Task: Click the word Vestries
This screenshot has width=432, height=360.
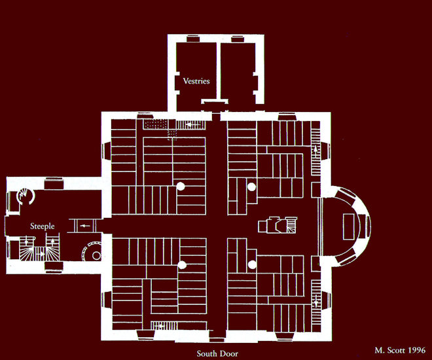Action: (x=196, y=81)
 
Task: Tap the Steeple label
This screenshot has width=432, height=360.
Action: (x=42, y=226)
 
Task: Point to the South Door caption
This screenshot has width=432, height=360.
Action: (x=217, y=353)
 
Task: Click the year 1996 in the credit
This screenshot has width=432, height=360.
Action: (x=416, y=350)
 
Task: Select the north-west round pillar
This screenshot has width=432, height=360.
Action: (x=181, y=187)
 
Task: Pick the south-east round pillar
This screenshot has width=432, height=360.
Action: (x=252, y=264)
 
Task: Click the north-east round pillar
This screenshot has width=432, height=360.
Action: (x=251, y=187)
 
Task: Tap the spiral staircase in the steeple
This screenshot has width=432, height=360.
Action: (x=26, y=196)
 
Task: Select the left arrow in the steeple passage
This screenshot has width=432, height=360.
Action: (x=85, y=226)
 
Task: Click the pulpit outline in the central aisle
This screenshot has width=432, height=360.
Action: (x=278, y=225)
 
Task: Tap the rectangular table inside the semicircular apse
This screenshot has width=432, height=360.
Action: (x=349, y=226)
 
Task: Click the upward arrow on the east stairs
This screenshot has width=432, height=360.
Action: (x=315, y=151)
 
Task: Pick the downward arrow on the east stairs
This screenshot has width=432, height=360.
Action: (x=315, y=301)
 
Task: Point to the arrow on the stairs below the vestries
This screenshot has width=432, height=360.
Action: (x=190, y=125)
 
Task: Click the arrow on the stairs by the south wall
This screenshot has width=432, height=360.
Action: (x=160, y=326)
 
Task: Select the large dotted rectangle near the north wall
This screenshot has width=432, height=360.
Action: (x=156, y=124)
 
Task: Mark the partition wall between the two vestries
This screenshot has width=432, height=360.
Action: (x=219, y=71)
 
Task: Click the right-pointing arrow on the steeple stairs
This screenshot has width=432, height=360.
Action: (x=41, y=254)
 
